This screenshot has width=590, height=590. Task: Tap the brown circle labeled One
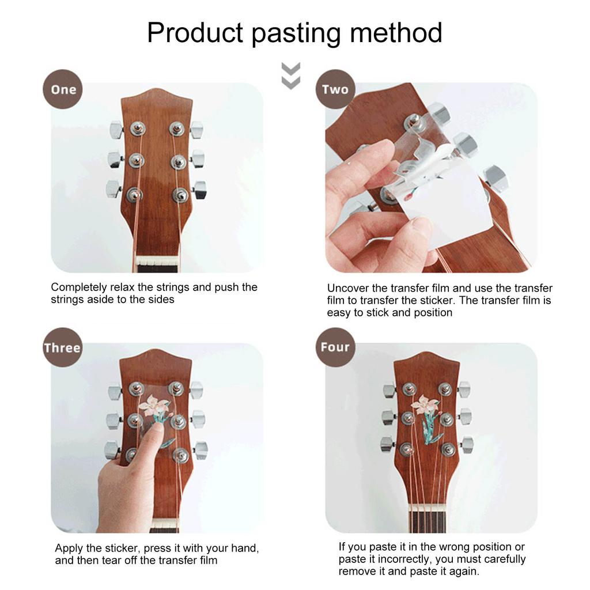[63, 89]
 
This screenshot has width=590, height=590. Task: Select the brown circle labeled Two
[335, 89]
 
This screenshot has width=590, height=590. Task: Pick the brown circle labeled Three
[62, 347]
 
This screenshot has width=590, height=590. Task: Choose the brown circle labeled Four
[335, 347]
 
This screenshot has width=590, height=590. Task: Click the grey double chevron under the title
[291, 76]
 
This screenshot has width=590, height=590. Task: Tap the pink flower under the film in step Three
[154, 404]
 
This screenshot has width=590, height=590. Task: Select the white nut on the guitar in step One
[157, 260]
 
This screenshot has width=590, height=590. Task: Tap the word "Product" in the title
[195, 33]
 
